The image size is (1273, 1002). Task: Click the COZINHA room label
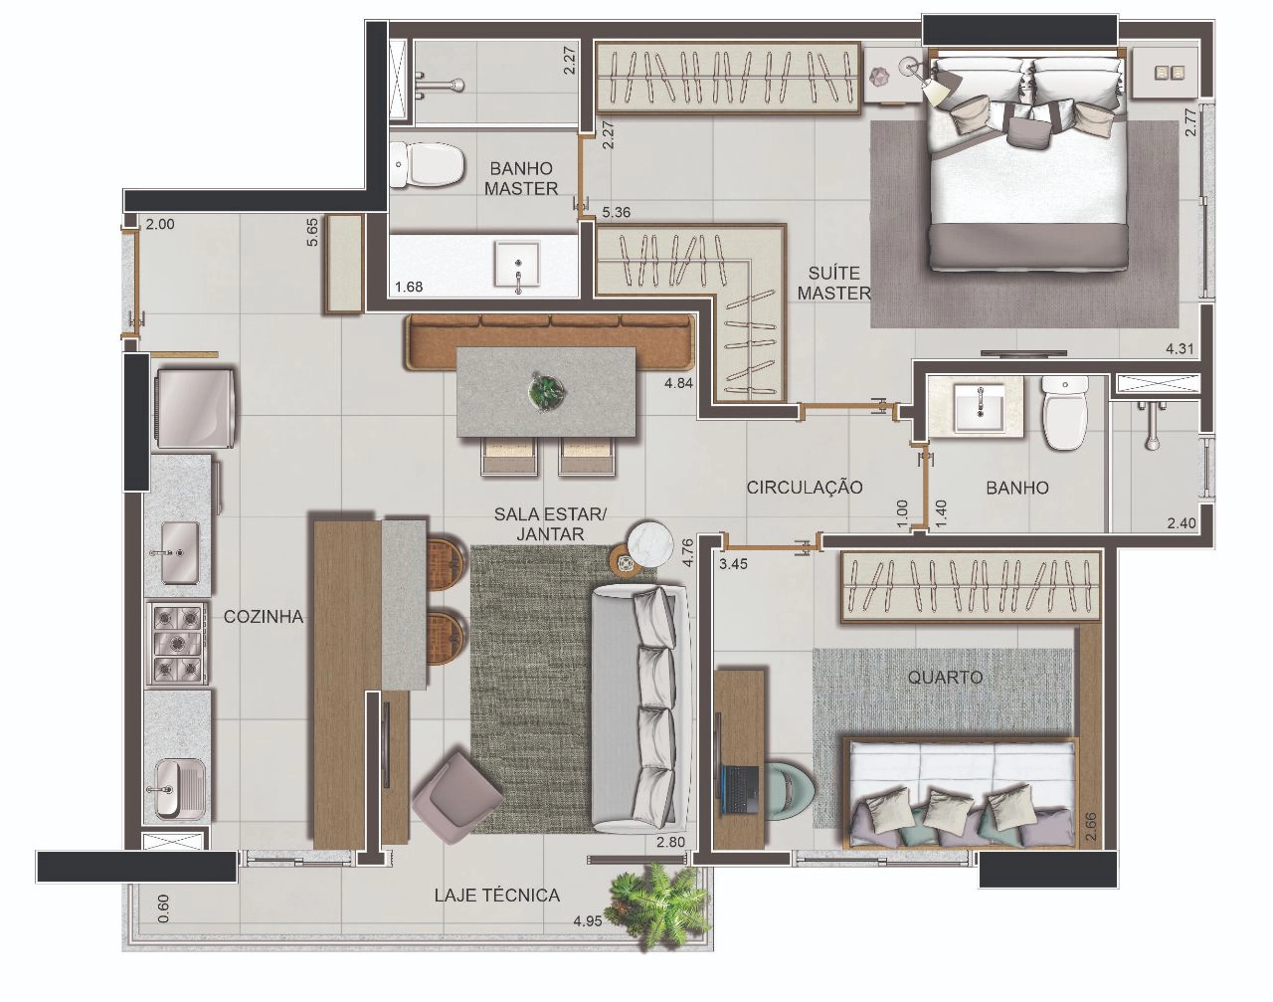(264, 617)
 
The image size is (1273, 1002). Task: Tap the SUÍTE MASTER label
(834, 283)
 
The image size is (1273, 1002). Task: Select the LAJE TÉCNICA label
(497, 896)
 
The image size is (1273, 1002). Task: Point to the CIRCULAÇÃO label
(805, 488)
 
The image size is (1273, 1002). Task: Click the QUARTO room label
(945, 677)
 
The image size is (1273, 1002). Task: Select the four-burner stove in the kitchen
(176, 644)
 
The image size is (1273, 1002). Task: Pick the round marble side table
(650, 543)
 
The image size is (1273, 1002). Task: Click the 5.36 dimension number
(617, 212)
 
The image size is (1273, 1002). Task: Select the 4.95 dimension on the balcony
(588, 921)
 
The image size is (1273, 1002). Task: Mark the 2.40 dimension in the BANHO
(1182, 523)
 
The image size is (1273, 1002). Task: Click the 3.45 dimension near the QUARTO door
(734, 564)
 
